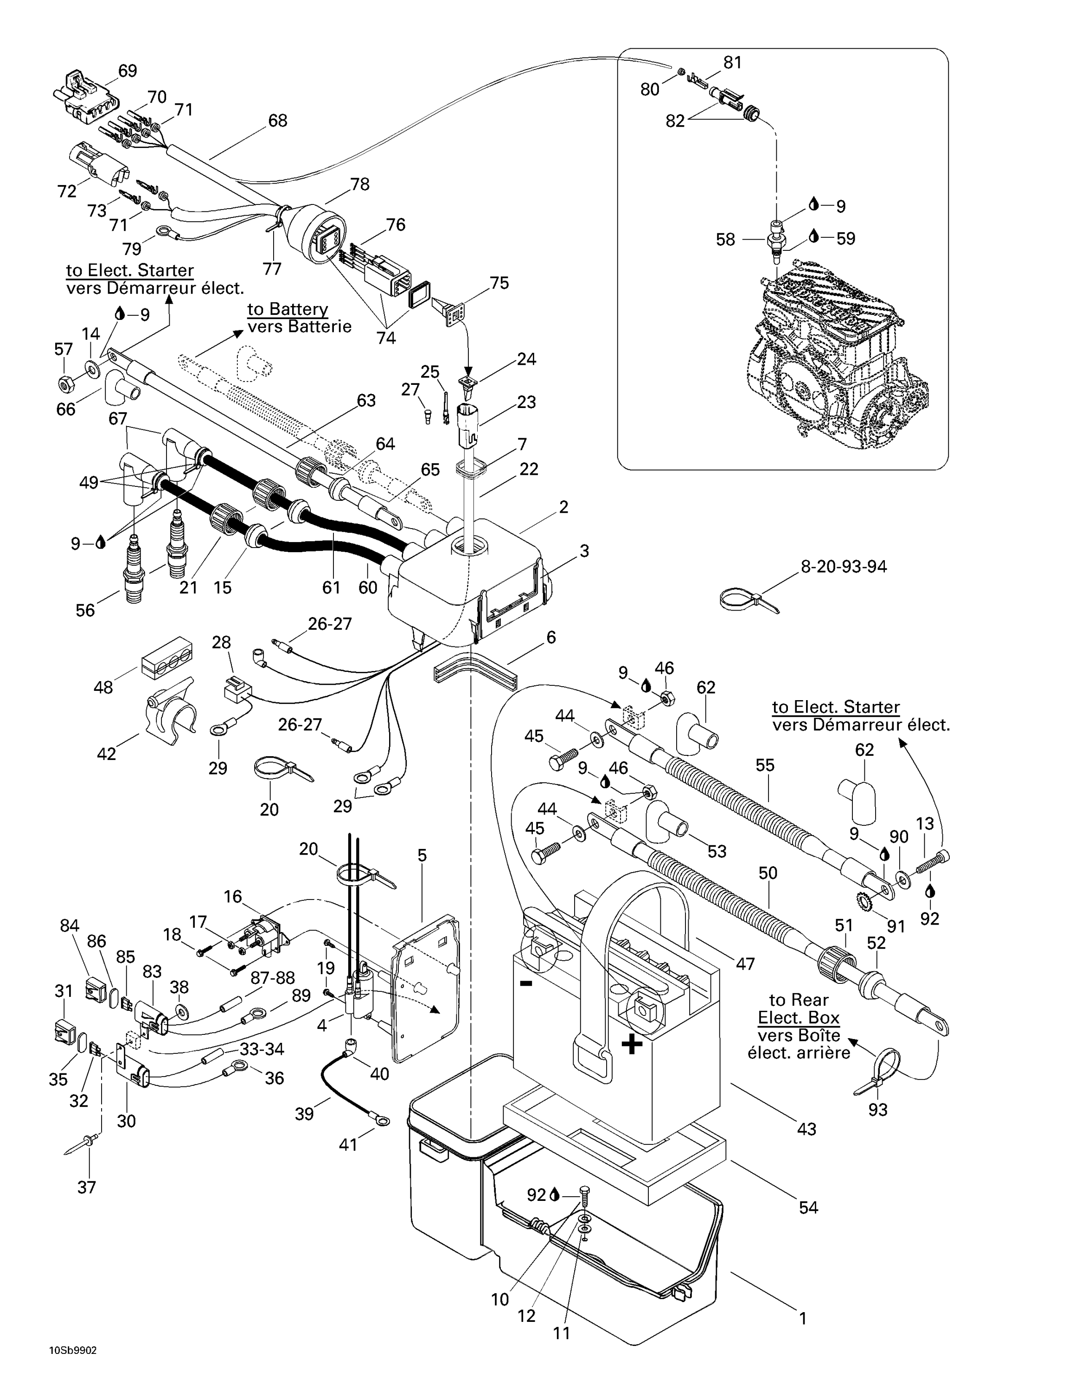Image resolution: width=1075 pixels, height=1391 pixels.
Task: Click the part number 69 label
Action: click(128, 70)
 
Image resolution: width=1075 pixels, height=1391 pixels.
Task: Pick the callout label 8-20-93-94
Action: click(843, 566)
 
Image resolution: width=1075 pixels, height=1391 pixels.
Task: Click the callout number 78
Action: click(360, 184)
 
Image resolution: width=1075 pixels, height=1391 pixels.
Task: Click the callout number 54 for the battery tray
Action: click(808, 1207)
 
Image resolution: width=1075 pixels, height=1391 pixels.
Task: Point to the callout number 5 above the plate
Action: click(422, 855)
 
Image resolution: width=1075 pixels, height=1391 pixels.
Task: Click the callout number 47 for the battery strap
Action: click(745, 963)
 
